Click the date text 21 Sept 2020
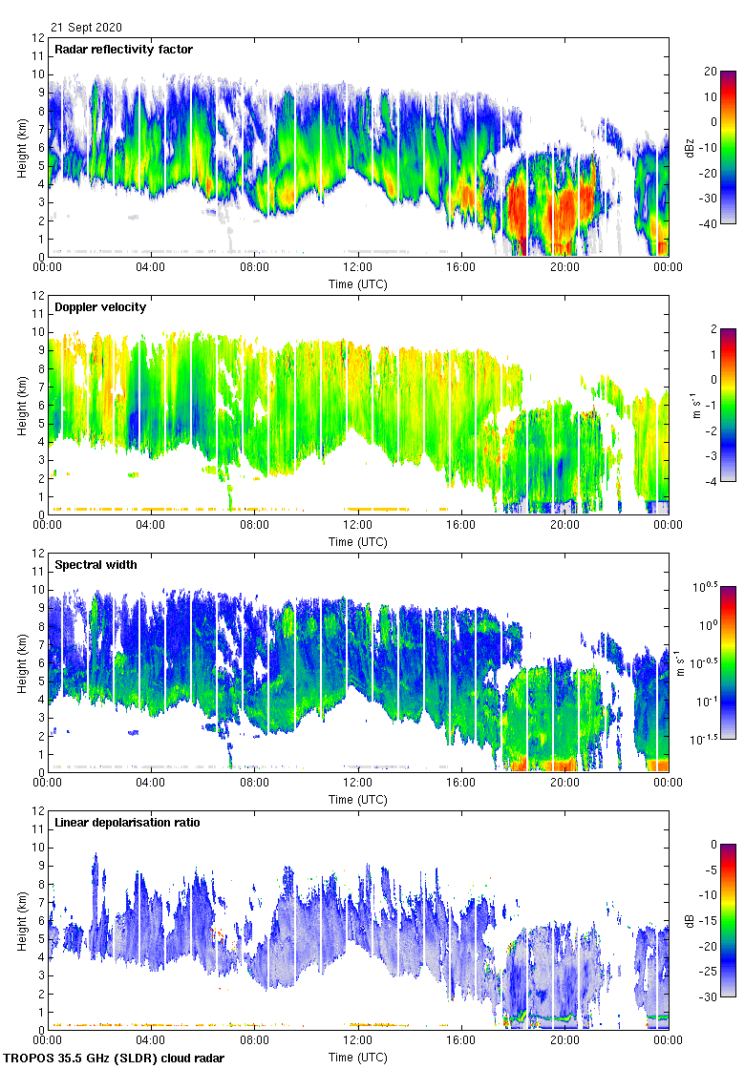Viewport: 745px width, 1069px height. [87, 28]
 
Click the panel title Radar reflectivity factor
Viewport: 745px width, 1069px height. [124, 50]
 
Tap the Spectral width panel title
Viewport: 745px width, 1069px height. [96, 565]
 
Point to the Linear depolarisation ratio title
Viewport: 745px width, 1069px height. [127, 823]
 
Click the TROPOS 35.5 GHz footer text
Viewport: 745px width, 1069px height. [116, 1059]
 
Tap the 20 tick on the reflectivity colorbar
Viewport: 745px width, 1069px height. [711, 72]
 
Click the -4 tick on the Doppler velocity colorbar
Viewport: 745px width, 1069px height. [710, 482]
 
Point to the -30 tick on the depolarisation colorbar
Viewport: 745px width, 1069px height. [708, 997]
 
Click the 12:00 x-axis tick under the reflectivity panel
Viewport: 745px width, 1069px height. [357, 268]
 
